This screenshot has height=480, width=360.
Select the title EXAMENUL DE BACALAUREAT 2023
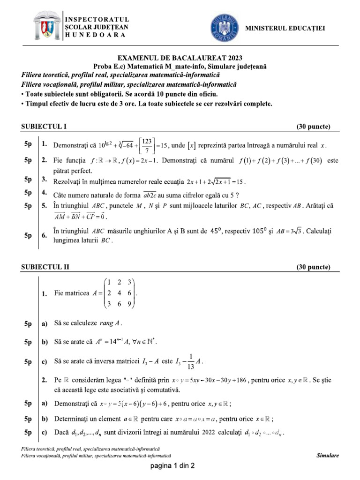[x=180, y=59]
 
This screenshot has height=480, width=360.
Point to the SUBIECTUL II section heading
[x=45, y=267]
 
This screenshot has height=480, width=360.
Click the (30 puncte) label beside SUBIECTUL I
[x=313, y=127]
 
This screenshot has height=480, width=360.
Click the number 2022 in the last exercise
[x=209, y=432]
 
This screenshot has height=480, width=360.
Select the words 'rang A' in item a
[x=111, y=323]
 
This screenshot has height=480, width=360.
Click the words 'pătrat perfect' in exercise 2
[x=73, y=171]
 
